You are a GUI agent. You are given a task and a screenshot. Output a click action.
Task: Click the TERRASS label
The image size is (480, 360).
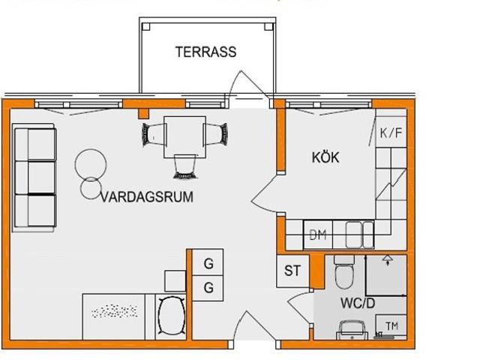205,52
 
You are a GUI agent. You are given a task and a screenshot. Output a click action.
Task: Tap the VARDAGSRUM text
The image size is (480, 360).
147,196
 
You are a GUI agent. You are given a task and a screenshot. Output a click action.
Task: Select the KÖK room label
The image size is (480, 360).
325,157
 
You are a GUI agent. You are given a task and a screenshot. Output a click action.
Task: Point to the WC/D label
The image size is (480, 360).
358,303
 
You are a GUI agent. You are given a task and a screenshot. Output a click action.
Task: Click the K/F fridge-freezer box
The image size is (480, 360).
391,132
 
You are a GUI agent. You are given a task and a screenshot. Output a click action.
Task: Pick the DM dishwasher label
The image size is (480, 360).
318,235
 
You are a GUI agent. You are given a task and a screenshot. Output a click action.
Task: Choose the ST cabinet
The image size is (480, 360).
292,271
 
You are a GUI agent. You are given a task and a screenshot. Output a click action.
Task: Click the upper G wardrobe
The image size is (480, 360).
208,262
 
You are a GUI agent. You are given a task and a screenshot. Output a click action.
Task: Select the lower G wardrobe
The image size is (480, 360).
208,288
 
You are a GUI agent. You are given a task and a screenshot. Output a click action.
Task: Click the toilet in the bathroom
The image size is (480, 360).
344,272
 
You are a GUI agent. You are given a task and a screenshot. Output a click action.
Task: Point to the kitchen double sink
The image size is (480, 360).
360,235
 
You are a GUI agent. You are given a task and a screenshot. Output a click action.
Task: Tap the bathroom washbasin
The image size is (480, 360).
352,330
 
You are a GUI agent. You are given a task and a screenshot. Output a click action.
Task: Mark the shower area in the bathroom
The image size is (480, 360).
386,275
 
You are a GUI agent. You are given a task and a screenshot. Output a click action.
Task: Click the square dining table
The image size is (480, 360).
184,136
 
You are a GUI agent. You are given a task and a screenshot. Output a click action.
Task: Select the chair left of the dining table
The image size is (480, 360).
153,134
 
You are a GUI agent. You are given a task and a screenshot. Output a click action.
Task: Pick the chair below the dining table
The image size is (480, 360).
185,166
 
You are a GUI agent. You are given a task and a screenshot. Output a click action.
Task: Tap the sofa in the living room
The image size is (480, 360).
34,178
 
